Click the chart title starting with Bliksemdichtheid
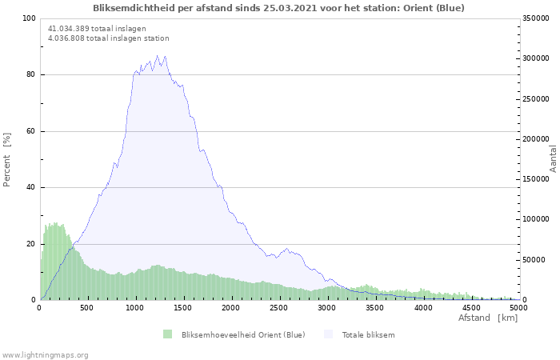(x=278, y=8)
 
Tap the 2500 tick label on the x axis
(x=278, y=307)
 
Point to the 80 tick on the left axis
(x=31, y=74)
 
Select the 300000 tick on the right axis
(x=536, y=58)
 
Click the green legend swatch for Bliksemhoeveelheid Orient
(x=167, y=334)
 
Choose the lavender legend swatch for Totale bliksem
(x=328, y=334)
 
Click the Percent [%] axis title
(x=6, y=160)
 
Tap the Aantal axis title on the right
(x=553, y=159)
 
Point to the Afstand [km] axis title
(x=488, y=318)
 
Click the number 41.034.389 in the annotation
(x=69, y=29)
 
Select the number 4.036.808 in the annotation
(x=66, y=38)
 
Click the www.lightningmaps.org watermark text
(x=45, y=355)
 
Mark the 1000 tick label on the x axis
(x=134, y=307)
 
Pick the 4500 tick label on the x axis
(x=471, y=307)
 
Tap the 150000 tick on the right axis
(x=536, y=179)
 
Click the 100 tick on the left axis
(x=30, y=18)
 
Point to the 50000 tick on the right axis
(x=534, y=260)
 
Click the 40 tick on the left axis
(x=31, y=187)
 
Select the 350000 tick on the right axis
(x=536, y=18)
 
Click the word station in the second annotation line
(x=157, y=38)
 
